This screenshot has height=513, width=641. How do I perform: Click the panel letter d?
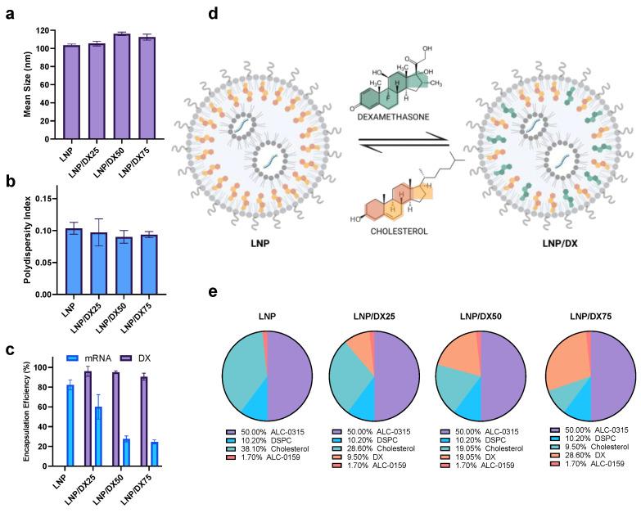pos(213,14)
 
